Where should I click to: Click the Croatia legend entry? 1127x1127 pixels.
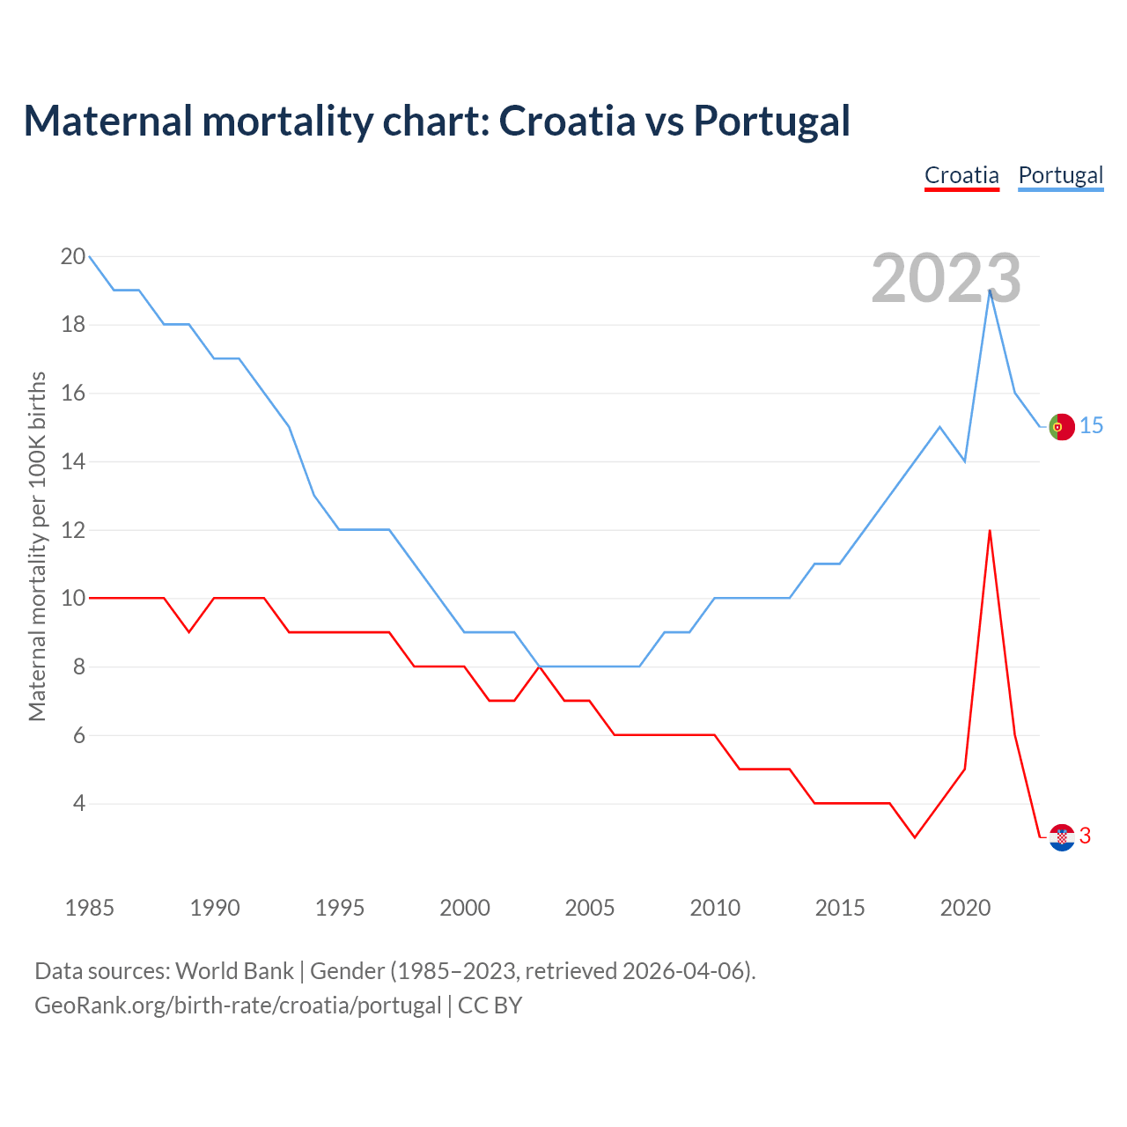[961, 175]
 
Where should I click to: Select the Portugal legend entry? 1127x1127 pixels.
[1060, 175]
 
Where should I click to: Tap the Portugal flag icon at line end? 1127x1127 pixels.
[1062, 426]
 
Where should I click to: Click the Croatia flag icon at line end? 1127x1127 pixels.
[1062, 836]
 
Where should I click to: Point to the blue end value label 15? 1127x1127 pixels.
[1091, 426]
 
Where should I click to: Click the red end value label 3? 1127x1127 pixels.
[1085, 836]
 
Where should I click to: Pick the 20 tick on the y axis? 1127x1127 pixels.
[73, 257]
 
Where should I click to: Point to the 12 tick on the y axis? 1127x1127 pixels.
[73, 530]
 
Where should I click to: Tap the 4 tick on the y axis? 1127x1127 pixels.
[79, 804]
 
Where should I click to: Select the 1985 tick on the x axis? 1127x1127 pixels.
[90, 908]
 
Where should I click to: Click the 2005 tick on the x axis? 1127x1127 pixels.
[590, 908]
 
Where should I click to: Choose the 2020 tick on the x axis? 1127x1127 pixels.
[965, 908]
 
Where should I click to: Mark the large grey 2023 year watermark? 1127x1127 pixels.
[946, 278]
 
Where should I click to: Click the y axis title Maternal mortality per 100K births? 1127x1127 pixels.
[38, 546]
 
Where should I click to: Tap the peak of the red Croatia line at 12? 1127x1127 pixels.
[990, 531]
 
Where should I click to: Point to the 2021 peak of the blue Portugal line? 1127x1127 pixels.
[990, 291]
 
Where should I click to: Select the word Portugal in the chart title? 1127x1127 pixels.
[771, 122]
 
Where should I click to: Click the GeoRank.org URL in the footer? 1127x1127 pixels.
[238, 1005]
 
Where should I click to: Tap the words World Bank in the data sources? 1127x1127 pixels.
[234, 971]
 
